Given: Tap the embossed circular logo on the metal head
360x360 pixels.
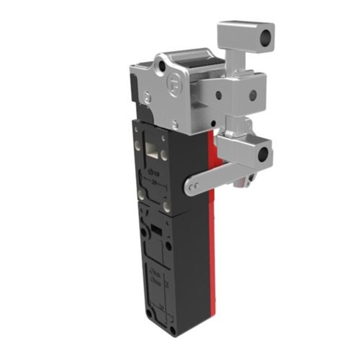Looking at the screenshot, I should pos(174,82).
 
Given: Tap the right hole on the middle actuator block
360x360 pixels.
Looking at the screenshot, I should pos(253,95).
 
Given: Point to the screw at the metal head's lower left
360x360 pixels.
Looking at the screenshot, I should pos(148,97).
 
